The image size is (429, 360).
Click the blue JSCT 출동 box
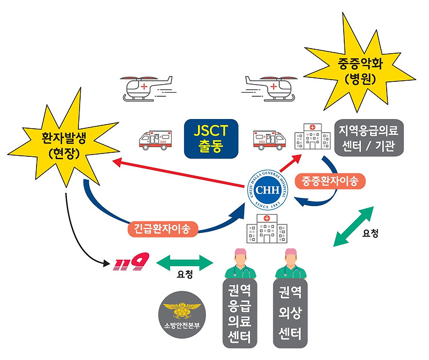point(211,139)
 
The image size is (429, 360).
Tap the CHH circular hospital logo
point(267,189)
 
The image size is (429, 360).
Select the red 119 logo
point(131,262)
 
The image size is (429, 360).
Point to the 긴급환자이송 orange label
point(162,228)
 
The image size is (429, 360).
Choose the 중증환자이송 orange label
point(330,181)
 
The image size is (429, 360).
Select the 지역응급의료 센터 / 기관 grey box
point(369,138)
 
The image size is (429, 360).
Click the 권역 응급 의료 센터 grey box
point(240,313)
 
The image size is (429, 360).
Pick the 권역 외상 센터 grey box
point(290,313)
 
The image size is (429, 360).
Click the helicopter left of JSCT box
point(147,88)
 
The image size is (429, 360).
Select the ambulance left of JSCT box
point(156,140)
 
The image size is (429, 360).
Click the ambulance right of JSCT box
point(269,140)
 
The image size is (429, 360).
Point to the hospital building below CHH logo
point(267,228)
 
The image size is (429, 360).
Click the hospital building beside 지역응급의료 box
point(312,136)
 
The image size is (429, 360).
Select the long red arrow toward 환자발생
point(178,173)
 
